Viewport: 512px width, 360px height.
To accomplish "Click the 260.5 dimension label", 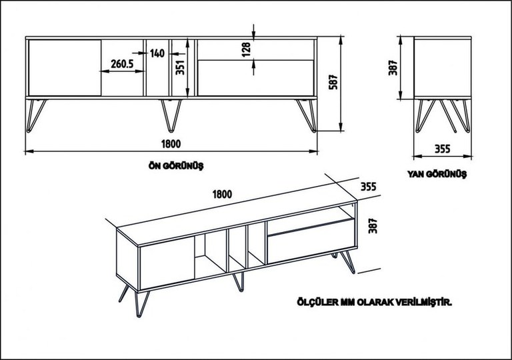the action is coord(122,64).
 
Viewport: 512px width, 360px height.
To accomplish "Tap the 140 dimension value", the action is coord(157,53).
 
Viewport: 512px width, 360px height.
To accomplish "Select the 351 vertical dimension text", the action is coord(180,67).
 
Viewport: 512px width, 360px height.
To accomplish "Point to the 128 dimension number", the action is coord(246,49).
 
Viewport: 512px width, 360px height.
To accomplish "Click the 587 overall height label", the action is coord(333,82).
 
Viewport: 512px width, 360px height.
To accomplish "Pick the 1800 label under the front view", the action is coord(171,144).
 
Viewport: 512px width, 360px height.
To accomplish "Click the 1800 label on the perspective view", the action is coord(223,195).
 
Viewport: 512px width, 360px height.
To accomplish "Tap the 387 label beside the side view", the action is coord(393,67).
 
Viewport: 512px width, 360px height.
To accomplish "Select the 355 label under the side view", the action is coord(442,149).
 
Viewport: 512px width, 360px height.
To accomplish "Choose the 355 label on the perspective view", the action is coord(368,187).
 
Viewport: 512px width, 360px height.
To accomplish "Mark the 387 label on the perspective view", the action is coord(373,226).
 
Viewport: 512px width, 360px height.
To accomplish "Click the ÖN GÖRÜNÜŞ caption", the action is coord(176,166).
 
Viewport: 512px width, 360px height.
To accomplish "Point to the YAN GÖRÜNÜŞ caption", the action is coord(437,174).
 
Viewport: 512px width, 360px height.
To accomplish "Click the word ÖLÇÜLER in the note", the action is coord(317,302).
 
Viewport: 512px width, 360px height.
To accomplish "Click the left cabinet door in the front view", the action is coord(65,68).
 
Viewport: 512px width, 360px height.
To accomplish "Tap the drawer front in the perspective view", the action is coord(311,241).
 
